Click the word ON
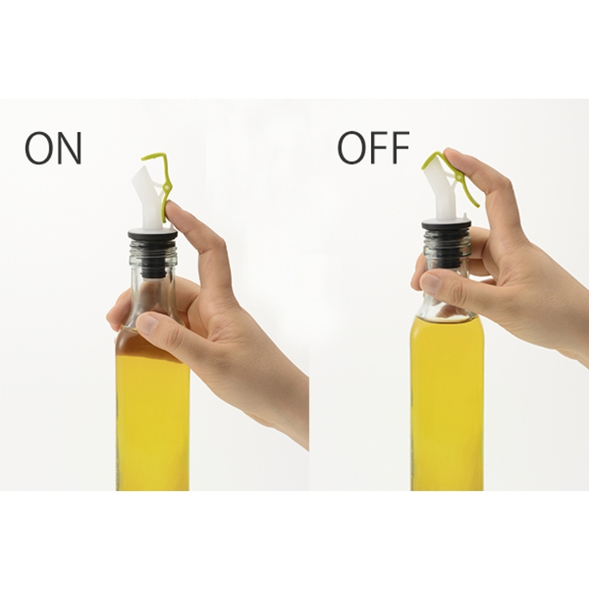click(53, 148)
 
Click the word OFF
click(373, 147)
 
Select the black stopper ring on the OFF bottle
click(446, 226)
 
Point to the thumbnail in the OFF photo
click(431, 283)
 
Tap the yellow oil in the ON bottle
click(152, 413)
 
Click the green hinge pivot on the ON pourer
click(166, 185)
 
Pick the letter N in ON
click(70, 148)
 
